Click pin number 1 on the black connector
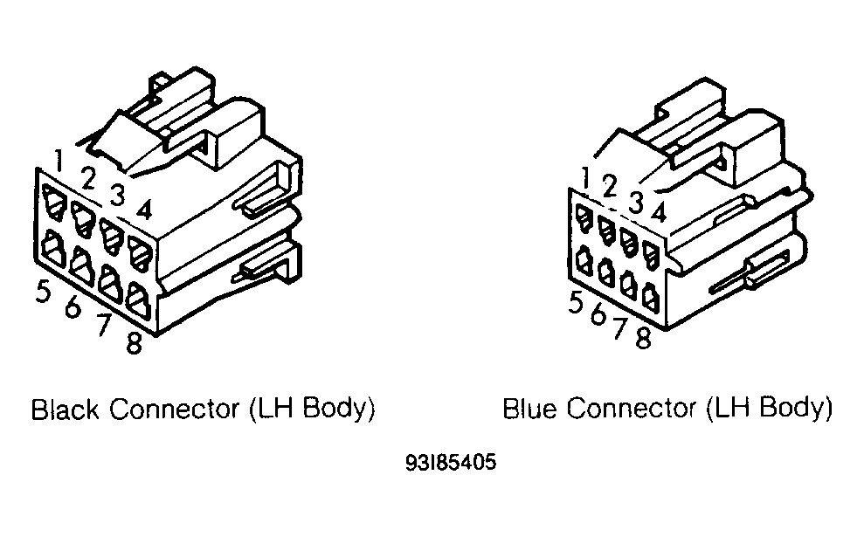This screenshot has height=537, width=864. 58,160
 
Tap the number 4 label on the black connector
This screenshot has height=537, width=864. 145,210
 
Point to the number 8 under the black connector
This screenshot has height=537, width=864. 134,343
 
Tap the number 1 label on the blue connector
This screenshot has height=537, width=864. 587,178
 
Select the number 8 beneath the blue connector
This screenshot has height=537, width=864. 643,338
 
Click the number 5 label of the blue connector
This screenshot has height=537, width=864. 575,303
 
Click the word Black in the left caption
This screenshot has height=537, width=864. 66,410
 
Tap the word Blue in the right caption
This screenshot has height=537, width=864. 529,408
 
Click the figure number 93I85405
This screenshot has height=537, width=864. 451,461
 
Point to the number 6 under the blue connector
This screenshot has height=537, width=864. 598,314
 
